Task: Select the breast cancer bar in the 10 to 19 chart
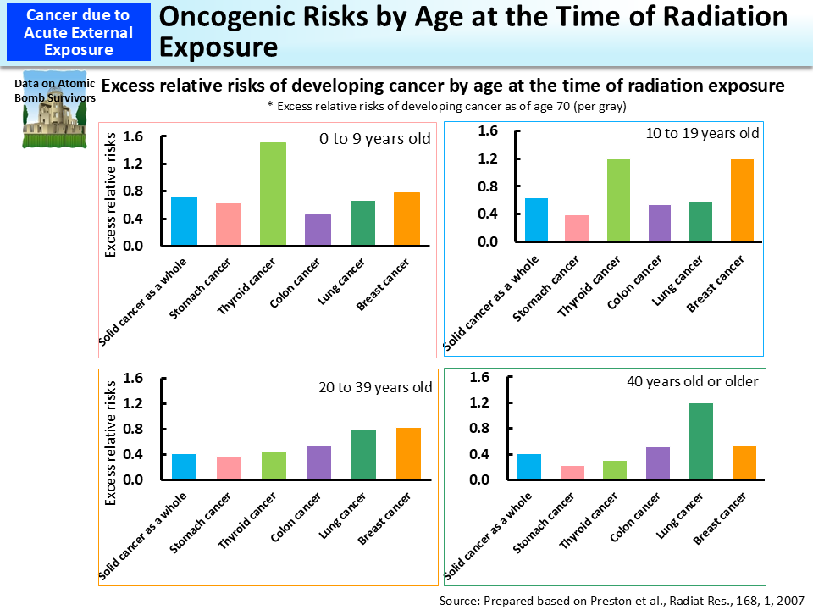pos(743,200)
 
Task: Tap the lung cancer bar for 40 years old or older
pos(700,441)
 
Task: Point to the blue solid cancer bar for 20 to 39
pos(184,467)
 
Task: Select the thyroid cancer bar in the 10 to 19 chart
pos(617,200)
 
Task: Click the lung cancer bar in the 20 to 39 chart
pos(363,455)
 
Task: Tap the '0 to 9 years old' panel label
pos(375,139)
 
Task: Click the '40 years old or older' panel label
pos(692,381)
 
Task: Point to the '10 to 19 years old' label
pos(702,133)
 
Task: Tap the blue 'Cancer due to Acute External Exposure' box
pos(78,32)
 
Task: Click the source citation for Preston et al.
pos(621,600)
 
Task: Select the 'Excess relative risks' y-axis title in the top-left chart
pos(111,195)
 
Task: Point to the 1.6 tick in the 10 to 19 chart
pos(486,131)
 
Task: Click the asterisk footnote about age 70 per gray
pos(440,106)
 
